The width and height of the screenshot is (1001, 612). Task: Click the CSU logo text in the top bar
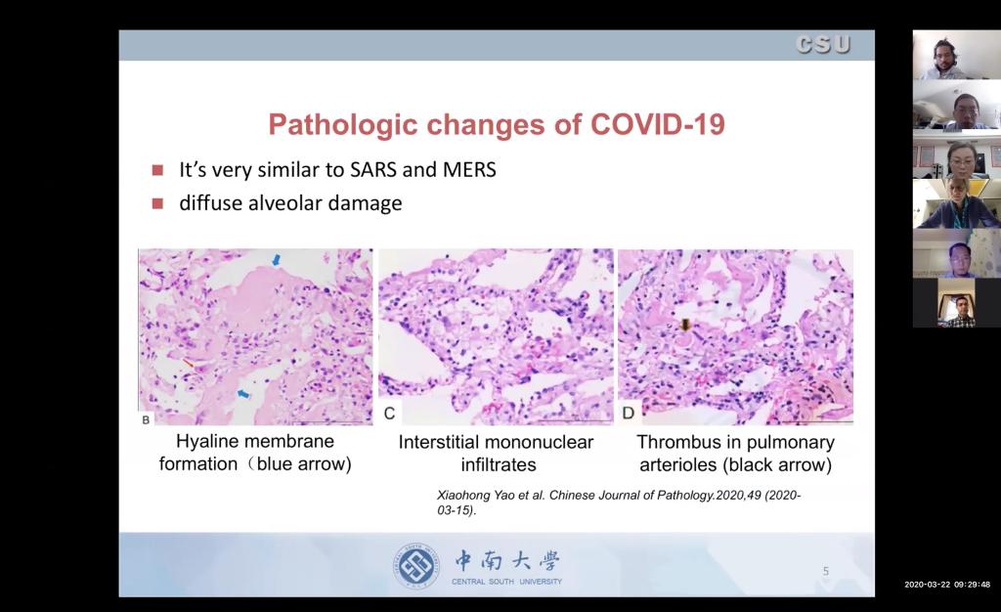point(823,44)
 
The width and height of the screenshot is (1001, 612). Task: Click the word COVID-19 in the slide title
point(658,124)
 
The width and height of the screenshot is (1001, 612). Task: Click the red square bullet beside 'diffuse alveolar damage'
point(157,203)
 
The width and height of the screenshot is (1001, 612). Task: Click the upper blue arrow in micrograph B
point(277,259)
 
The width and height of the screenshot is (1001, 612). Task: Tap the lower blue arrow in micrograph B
point(243,394)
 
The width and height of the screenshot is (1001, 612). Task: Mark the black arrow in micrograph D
point(685,325)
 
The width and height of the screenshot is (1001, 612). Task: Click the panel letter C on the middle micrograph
point(389,414)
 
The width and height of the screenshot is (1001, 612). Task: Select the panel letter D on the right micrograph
point(629,413)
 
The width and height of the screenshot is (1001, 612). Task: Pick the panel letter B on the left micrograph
point(146,420)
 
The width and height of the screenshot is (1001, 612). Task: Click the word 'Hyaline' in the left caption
point(203,442)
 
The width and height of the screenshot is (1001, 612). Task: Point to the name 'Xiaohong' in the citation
point(460,496)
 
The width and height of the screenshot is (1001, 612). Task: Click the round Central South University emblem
point(416,566)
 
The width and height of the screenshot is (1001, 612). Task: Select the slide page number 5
point(825,571)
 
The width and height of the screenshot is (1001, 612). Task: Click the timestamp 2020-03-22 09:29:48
point(947,585)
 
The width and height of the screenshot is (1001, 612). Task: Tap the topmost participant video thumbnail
point(956,55)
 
